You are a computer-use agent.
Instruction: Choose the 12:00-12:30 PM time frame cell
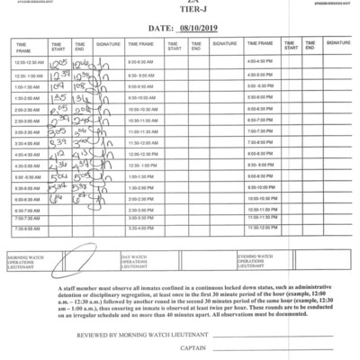[142, 154]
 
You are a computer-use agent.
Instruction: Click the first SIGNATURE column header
[108, 43]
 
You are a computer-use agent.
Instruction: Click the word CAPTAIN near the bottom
[193, 348]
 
